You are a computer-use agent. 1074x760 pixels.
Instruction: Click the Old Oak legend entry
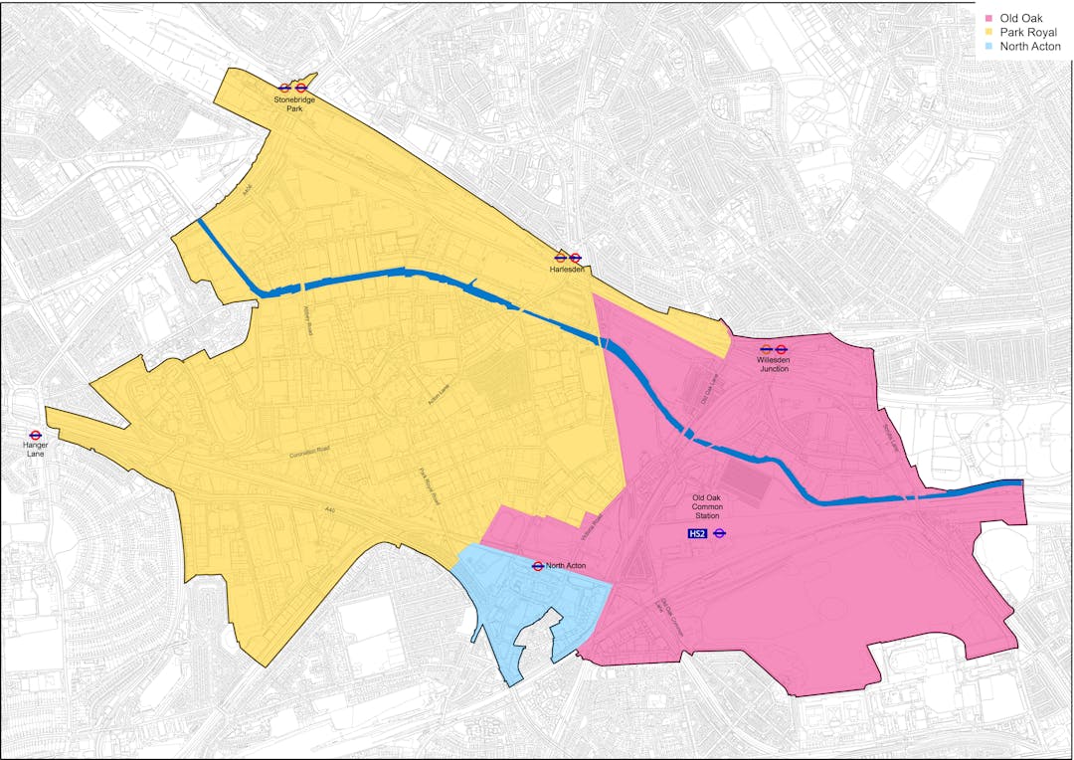(x=1021, y=19)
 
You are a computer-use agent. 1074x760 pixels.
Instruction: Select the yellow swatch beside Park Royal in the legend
(x=989, y=33)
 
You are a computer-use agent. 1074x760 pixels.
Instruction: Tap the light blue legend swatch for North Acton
(x=989, y=47)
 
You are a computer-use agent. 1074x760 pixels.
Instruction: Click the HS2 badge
(x=698, y=534)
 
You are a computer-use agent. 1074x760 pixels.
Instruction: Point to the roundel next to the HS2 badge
(x=720, y=534)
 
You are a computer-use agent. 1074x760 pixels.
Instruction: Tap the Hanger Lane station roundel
(x=35, y=435)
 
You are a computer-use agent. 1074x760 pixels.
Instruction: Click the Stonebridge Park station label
(x=294, y=103)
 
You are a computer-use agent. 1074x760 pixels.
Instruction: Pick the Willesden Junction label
(x=774, y=364)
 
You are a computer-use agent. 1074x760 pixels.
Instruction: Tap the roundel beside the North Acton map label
(x=537, y=566)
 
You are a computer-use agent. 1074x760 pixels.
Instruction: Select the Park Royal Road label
(x=429, y=485)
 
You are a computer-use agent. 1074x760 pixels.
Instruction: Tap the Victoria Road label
(x=598, y=524)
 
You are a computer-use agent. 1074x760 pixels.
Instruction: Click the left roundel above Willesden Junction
(x=766, y=349)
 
